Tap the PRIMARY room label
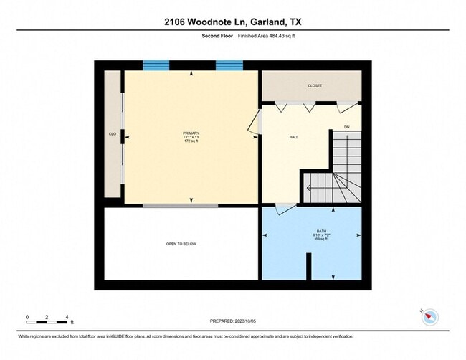coord(191,133)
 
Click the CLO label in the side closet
coord(113,134)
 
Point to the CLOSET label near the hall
coord(315,85)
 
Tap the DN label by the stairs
coord(346,127)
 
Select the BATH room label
coord(311,231)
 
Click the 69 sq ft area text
coord(311,240)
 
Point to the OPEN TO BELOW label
coord(181,244)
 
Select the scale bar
coord(47,316)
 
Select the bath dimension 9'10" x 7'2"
coord(311,235)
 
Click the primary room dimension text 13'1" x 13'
coord(191,137)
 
